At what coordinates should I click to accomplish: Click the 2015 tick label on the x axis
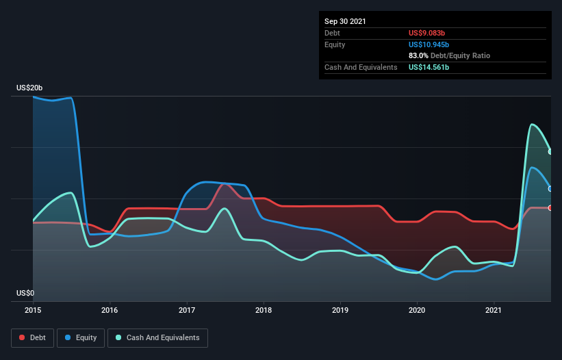32,311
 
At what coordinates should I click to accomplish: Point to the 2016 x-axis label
110,311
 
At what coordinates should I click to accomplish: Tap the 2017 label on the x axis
187,311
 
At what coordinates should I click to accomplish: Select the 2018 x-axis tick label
264,311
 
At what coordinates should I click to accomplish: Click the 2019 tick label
340,311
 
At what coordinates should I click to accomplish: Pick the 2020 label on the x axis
417,311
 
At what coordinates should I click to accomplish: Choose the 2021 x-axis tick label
494,311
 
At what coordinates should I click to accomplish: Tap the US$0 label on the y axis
25,294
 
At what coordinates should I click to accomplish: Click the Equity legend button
81,337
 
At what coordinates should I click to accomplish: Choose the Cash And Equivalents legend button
157,337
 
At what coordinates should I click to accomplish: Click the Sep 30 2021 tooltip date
345,21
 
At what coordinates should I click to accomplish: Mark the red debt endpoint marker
550,208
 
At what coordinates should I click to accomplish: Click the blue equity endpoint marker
550,189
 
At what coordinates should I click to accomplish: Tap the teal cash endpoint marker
550,152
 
